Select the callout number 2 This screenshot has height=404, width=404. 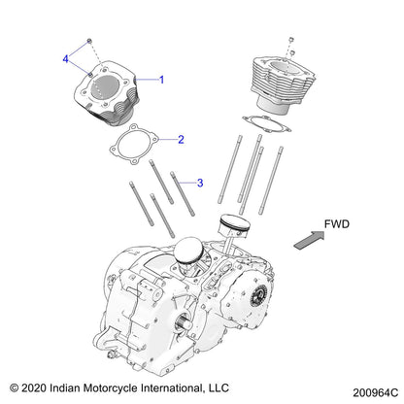click(181, 140)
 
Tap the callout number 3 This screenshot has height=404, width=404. click(200, 182)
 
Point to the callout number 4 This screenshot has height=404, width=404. click(67, 60)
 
